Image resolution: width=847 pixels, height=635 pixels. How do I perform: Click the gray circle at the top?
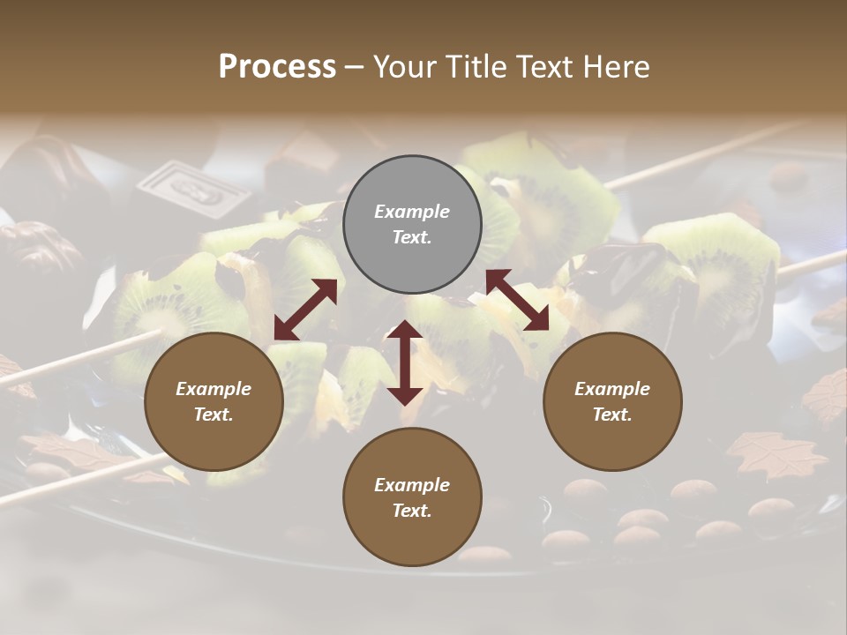click(412, 225)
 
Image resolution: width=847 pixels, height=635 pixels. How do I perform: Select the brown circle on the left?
click(214, 402)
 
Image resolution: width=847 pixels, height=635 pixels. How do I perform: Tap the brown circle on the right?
click(612, 402)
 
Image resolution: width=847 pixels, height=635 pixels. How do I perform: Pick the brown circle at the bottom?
click(412, 497)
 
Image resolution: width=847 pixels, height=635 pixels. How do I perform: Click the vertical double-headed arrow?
click(405, 362)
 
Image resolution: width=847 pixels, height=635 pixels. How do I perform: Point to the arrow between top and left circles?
click(305, 309)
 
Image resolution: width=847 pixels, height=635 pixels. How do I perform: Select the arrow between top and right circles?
click(517, 300)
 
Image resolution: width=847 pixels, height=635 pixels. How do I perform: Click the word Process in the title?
click(277, 66)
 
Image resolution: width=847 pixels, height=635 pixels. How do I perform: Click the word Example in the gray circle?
click(412, 212)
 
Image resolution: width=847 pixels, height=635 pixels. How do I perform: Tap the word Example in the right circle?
click(612, 389)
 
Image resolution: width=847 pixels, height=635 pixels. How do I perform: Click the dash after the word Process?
click(355, 67)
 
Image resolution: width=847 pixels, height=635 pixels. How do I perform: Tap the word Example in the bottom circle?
click(412, 485)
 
